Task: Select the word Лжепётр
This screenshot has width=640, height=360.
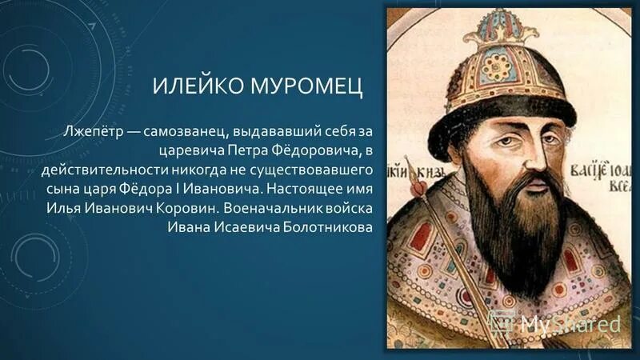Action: (95, 130)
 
